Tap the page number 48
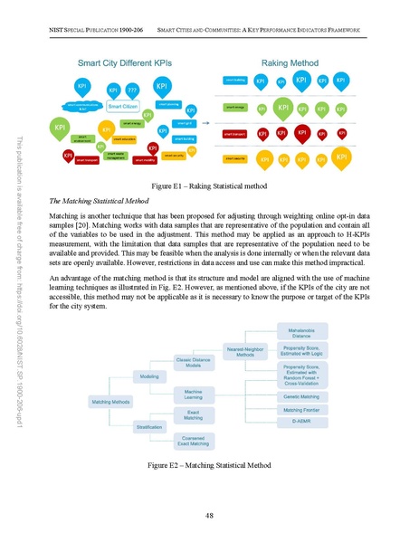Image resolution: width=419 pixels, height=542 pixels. coord(209,516)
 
